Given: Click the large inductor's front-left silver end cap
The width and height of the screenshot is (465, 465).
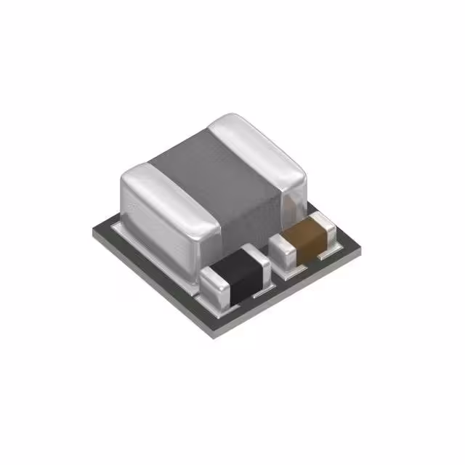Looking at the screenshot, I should click(x=163, y=218).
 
